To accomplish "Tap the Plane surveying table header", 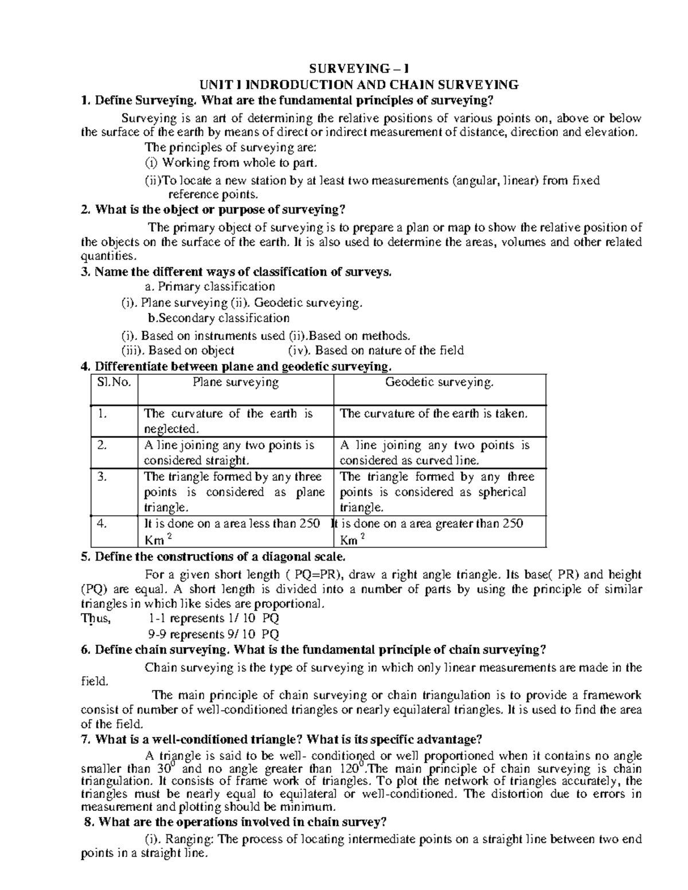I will [x=236, y=383].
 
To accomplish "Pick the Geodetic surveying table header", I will [x=439, y=383].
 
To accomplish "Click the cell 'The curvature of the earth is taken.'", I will [x=433, y=414].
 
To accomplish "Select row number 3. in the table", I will [x=103, y=477].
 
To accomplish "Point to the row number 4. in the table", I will [x=103, y=524].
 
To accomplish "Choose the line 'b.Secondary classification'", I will [x=218, y=318].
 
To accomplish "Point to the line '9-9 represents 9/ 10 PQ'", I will [x=213, y=634].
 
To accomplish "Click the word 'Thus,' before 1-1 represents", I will [x=96, y=619].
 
